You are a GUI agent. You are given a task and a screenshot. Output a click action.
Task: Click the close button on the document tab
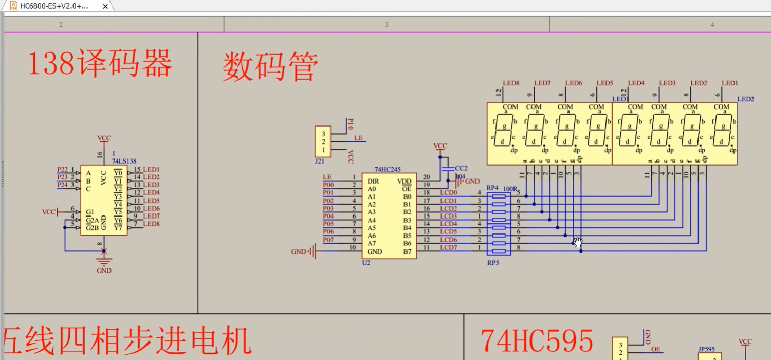point(105,7)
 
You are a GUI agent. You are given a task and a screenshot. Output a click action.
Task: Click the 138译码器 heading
point(100,65)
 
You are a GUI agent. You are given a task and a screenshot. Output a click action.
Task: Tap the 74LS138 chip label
point(124,161)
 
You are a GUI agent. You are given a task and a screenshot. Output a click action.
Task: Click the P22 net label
point(62,169)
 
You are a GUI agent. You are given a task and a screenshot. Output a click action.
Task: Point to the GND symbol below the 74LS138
point(104,262)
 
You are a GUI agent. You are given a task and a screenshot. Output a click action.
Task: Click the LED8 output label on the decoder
point(151,224)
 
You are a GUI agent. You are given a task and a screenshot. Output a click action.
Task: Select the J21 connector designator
point(320,161)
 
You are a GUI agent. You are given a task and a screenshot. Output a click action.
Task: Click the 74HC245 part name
point(388,169)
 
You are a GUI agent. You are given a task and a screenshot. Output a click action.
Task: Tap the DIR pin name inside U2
point(373,181)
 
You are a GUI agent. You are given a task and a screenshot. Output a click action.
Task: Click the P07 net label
point(328,240)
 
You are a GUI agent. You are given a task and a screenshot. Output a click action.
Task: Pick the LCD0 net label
point(448,192)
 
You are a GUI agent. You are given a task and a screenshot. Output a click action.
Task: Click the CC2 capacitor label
point(461,168)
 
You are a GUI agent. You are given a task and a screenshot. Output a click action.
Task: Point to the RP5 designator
point(493,263)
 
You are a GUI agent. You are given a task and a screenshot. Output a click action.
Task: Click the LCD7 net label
point(448,247)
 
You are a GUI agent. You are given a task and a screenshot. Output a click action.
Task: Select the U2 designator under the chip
point(366,263)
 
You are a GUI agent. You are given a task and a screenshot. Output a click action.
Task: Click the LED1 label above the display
point(730,83)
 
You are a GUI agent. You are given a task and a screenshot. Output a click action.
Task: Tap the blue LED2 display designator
point(745,99)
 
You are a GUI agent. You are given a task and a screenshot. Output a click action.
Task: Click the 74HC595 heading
point(537,341)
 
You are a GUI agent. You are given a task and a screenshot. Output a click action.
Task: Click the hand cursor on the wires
point(578,242)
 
